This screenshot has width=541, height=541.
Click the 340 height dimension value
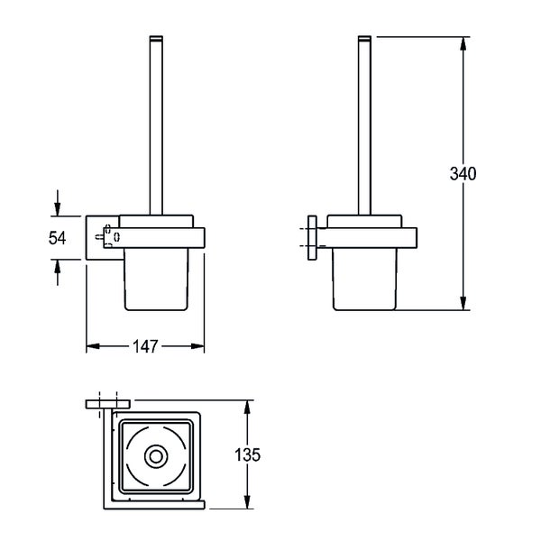pyautogui.click(x=463, y=173)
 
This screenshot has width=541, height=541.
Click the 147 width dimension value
pyautogui.click(x=145, y=346)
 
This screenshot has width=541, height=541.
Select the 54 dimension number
pyautogui.click(x=57, y=238)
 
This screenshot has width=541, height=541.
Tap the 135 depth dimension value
pyautogui.click(x=247, y=454)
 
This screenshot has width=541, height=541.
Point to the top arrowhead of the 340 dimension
pyautogui.click(x=463, y=44)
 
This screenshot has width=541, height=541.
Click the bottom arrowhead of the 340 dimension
pyautogui.click(x=463, y=303)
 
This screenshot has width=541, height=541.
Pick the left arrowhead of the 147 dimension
pyautogui.click(x=93, y=346)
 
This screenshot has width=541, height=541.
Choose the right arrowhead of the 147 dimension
pyautogui.click(x=197, y=346)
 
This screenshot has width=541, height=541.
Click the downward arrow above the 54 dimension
pyautogui.click(x=58, y=203)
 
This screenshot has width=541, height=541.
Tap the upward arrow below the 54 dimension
pyautogui.click(x=58, y=272)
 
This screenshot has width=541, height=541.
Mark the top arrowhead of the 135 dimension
pyautogui.click(x=247, y=408)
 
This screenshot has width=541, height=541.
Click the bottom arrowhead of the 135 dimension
pyautogui.click(x=247, y=501)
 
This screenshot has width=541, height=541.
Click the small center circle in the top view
pyautogui.click(x=156, y=457)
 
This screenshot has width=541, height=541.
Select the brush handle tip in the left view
pyautogui.click(x=156, y=38)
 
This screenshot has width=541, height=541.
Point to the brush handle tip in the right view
pyautogui.click(x=364, y=38)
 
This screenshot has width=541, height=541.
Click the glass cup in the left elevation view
pyautogui.click(x=156, y=280)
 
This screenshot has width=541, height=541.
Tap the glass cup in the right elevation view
pyautogui.click(x=364, y=280)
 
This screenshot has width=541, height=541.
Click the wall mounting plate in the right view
pyautogui.click(x=312, y=238)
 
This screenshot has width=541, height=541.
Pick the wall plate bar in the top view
pyautogui.click(x=108, y=404)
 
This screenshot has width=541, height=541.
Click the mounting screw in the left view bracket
pyautogui.click(x=99, y=237)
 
